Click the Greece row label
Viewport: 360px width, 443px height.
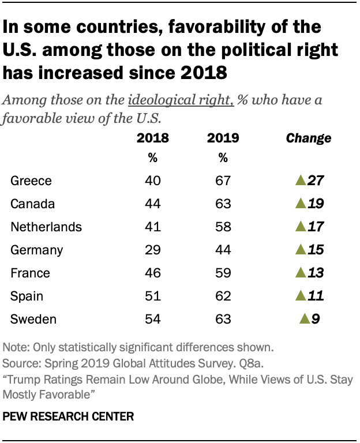[x=31, y=181]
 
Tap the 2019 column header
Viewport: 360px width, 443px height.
[x=223, y=138]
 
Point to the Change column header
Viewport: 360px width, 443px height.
[x=309, y=138]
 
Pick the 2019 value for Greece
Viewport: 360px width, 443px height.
[x=223, y=181]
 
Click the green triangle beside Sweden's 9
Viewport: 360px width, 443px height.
[x=304, y=319]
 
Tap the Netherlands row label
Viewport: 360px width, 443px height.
[x=46, y=227]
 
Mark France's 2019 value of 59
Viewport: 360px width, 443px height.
[x=223, y=273]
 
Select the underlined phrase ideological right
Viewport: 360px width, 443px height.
[x=180, y=100]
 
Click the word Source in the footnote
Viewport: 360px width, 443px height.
[x=19, y=365]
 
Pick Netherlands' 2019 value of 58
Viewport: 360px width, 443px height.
[x=223, y=227]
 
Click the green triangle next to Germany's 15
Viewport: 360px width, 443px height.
[x=299, y=250]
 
